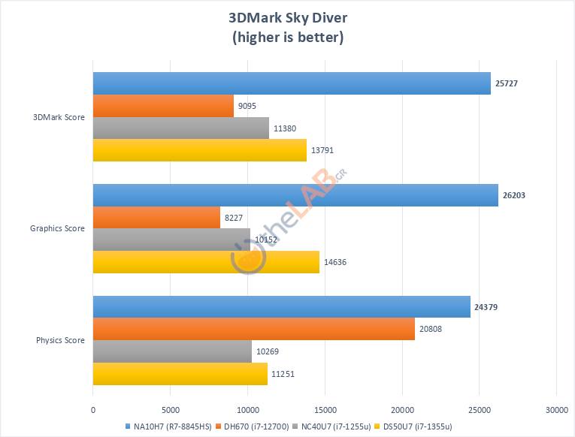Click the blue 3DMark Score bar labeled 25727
coord(292,83)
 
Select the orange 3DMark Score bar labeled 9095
coord(163,106)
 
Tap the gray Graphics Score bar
coord(171,240)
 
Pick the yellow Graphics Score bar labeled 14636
coord(206,262)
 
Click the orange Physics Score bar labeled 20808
coord(254,329)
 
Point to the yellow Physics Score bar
coord(180,374)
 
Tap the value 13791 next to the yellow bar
coord(322,151)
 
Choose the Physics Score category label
coord(60,340)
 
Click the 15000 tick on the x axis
coord(325,409)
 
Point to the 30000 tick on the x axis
coord(556,409)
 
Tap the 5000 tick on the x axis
coord(171,409)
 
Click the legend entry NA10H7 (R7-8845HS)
coord(167,426)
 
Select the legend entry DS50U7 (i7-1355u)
coord(417,426)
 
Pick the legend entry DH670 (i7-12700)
coord(253,426)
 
